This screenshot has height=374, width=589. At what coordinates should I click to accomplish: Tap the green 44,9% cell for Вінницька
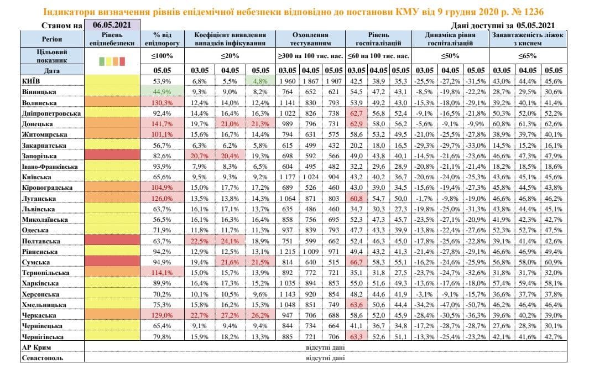point(162,91)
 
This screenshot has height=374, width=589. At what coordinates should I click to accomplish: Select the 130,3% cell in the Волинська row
point(162,102)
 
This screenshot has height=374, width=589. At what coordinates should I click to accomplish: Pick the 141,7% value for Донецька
point(162,123)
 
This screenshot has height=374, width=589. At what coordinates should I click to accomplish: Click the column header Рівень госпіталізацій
point(378,39)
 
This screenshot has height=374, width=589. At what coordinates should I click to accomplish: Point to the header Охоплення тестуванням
point(310,39)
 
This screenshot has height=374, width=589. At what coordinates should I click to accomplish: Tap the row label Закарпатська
point(44,144)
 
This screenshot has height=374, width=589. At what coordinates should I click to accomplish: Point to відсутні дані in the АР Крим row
point(326,347)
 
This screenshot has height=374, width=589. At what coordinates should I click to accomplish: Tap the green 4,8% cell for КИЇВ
point(259,81)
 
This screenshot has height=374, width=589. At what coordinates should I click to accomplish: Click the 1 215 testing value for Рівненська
point(288,251)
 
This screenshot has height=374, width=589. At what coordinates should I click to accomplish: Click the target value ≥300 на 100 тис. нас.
point(310,55)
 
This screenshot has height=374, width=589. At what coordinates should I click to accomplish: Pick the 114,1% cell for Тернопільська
point(162,272)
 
